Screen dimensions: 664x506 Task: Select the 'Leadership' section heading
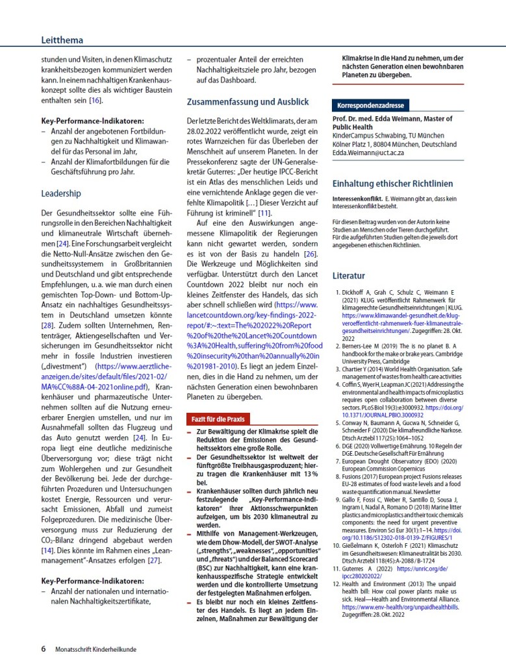[61, 193]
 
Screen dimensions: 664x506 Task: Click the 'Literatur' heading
[349, 275]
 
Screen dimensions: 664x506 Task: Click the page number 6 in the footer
[44, 648]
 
